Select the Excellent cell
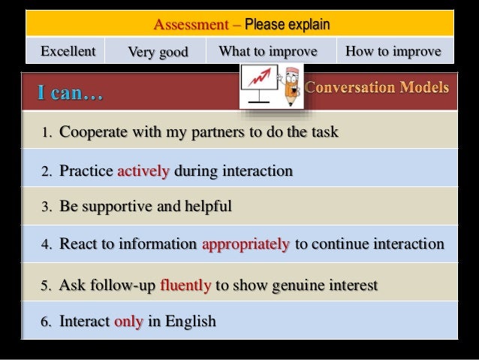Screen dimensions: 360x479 (x=68, y=51)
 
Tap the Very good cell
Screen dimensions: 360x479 (x=157, y=52)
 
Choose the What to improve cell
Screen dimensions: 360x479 (x=267, y=51)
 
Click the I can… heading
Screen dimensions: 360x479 (x=71, y=95)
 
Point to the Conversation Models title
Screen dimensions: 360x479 (x=377, y=88)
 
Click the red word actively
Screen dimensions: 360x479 (x=143, y=171)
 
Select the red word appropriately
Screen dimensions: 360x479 (x=245, y=244)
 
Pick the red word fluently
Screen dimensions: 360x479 (x=185, y=286)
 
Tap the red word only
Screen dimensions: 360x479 (x=128, y=322)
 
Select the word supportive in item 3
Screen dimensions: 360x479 (x=111, y=206)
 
